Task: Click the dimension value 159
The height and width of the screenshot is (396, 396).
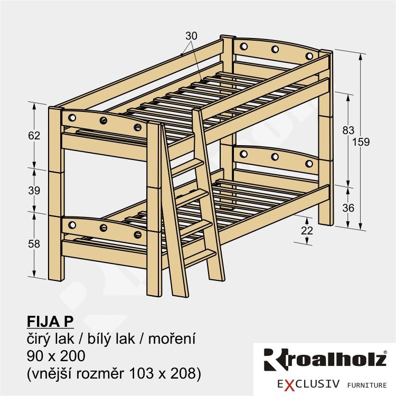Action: [361, 142]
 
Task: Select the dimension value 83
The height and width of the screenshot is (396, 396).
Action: [348, 130]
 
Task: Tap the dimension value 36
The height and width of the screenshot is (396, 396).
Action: [348, 208]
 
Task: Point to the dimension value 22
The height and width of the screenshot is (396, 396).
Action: [307, 230]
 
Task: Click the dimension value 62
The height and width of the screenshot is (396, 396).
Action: [34, 136]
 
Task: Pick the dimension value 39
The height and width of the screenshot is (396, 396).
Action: [34, 190]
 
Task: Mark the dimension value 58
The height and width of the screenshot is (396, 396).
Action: [34, 244]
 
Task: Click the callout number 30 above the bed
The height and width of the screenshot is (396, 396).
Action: [191, 36]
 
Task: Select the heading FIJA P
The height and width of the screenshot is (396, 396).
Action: [50, 322]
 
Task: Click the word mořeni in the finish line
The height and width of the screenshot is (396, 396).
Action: [172, 338]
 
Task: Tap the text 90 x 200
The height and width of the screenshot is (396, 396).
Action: [56, 356]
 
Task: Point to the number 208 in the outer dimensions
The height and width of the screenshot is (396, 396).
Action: [183, 373]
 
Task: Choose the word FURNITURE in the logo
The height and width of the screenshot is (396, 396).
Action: [367, 385]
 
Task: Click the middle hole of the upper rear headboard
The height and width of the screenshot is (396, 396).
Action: [275, 49]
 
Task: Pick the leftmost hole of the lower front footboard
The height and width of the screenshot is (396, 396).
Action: [72, 225]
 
